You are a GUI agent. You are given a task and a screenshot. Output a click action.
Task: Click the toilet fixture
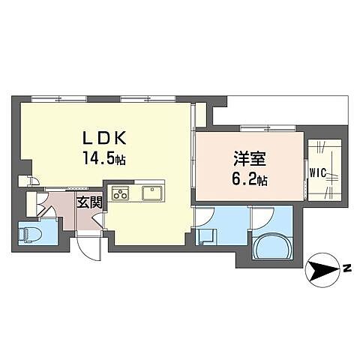(30, 234)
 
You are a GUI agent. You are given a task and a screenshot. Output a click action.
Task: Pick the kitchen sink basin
(154, 193)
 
